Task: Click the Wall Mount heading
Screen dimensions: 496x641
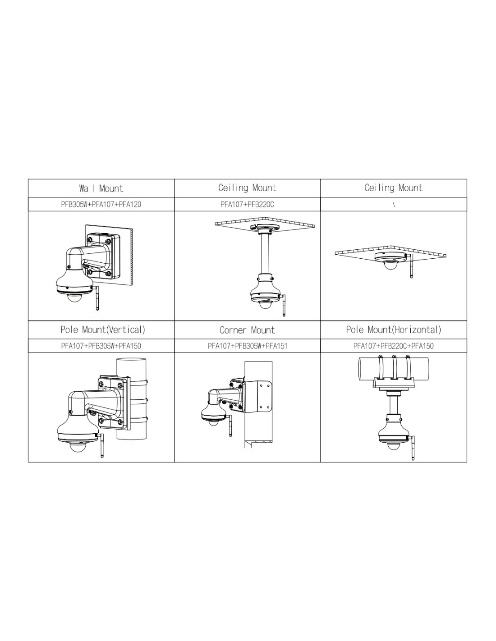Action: point(101,188)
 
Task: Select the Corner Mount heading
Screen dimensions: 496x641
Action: point(247,330)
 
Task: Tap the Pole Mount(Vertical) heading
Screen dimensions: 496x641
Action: point(103,330)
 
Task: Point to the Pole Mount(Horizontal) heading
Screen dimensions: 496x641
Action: point(393,330)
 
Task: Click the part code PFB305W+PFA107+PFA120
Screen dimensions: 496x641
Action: point(101,204)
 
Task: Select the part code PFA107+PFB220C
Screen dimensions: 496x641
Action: point(247,204)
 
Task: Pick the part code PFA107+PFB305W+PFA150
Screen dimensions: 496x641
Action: point(101,345)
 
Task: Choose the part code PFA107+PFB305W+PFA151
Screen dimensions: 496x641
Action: point(247,345)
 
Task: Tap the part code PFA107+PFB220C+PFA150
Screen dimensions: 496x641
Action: point(393,345)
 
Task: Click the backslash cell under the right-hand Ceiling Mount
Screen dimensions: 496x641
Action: point(394,204)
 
